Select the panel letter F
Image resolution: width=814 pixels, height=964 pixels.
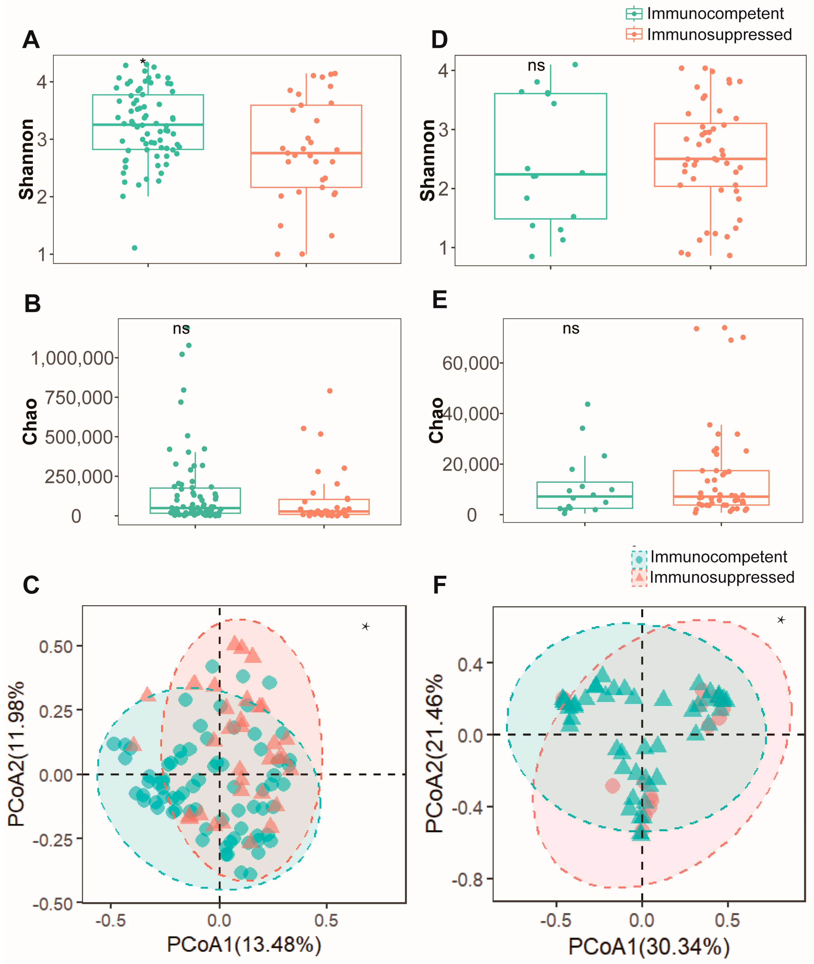pos(439,585)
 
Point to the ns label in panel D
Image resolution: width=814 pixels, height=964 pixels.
pos(536,66)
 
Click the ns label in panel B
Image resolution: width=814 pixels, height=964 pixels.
pos(181,329)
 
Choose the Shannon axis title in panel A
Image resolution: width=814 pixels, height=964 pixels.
pos(27,159)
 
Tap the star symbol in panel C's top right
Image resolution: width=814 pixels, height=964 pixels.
pos(365,626)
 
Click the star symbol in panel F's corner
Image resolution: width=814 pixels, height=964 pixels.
pos(781,620)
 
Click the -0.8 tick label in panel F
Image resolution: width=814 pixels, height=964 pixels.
pos(467,880)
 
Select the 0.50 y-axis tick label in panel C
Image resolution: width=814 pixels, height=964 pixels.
pos(56,647)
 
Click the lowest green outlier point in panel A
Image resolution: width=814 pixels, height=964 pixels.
pos(135,248)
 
